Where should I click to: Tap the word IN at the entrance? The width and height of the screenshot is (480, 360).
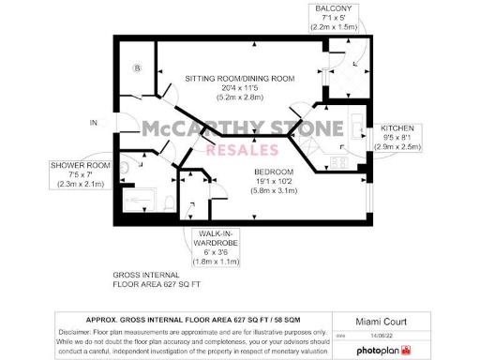pyautogui.click(x=93, y=123)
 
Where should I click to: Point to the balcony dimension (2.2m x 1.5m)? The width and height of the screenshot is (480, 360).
pyautogui.click(x=334, y=27)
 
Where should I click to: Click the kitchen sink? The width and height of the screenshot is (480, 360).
pyautogui.click(x=358, y=121)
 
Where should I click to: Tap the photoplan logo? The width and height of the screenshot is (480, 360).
pyautogui.click(x=380, y=351)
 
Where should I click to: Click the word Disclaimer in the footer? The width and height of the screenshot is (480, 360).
pyautogui.click(x=77, y=333)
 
